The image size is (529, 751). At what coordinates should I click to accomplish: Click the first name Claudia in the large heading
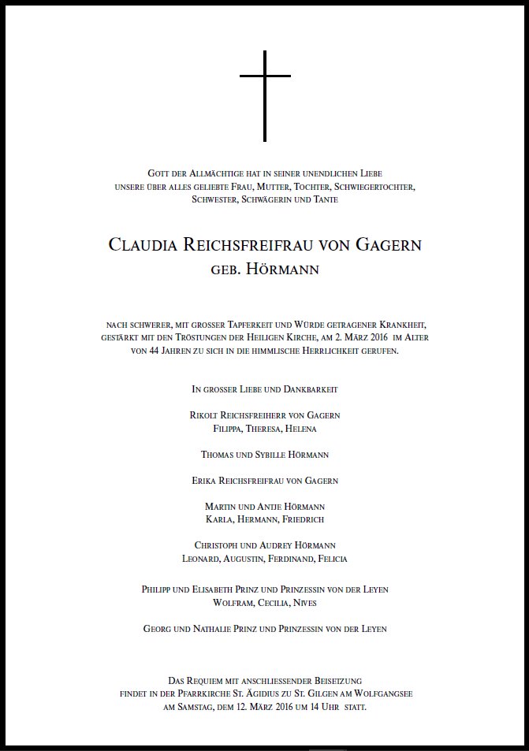pyautogui.click(x=142, y=245)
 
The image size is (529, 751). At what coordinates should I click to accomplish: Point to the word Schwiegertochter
pyautogui.click(x=374, y=186)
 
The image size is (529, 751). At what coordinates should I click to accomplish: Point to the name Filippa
pyautogui.click(x=230, y=429)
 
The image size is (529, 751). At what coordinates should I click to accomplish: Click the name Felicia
pyautogui.click(x=331, y=559)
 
